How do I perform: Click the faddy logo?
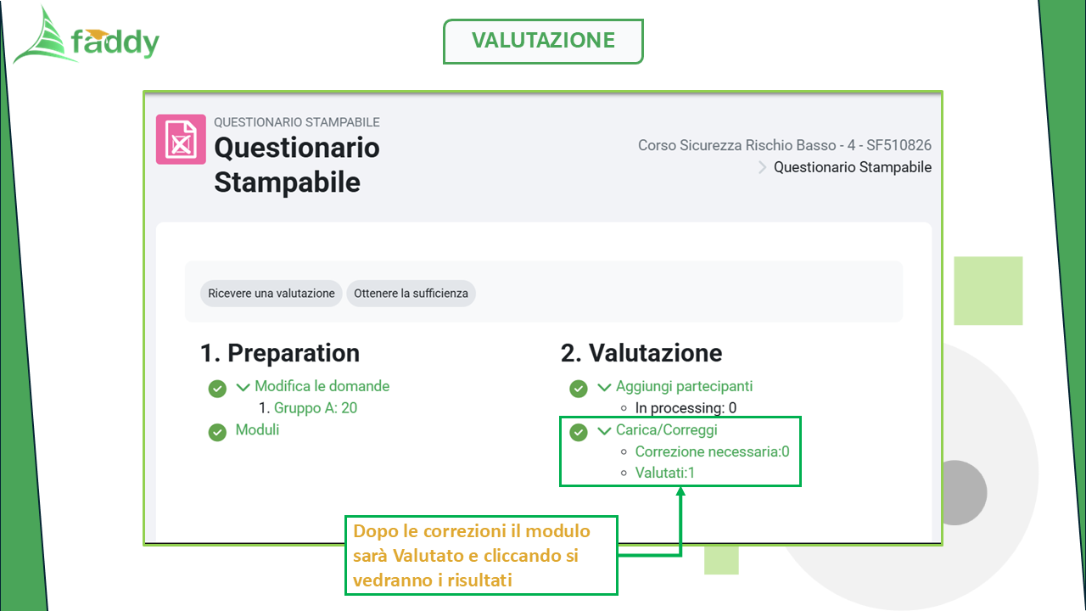(87, 36)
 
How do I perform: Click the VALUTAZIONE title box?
(543, 42)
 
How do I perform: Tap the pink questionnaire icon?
(181, 140)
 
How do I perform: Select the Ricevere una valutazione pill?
(271, 294)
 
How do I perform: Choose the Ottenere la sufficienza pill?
(411, 294)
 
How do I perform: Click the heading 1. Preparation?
(280, 353)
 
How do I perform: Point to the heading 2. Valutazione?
(641, 353)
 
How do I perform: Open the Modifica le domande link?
(322, 386)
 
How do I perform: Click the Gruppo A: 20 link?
(316, 408)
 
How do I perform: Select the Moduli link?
(257, 429)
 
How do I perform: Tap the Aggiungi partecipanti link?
(684, 386)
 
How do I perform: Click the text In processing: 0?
(686, 408)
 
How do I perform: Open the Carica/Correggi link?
(667, 429)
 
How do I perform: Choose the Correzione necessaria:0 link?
(712, 451)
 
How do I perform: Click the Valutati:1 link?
(664, 473)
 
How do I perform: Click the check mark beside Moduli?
(217, 432)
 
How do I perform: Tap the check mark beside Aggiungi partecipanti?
(579, 389)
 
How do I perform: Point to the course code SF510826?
(898, 145)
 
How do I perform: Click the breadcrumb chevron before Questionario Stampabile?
(762, 167)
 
